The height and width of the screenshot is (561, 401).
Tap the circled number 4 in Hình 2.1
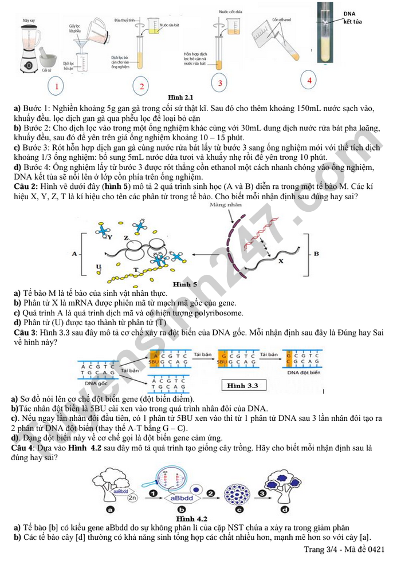pyautogui.click(x=309, y=80)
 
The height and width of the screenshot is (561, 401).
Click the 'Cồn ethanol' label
pyautogui.click(x=282, y=19)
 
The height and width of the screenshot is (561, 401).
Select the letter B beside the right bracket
pyautogui.click(x=316, y=253)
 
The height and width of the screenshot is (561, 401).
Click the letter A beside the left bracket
pyautogui.click(x=74, y=254)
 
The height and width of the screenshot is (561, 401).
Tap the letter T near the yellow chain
pyautogui.click(x=136, y=270)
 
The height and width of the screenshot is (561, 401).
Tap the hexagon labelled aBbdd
pyautogui.click(x=183, y=499)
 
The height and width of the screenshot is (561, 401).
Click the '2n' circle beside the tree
pyautogui.click(x=132, y=498)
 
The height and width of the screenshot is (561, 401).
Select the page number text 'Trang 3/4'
pyautogui.click(x=322, y=550)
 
